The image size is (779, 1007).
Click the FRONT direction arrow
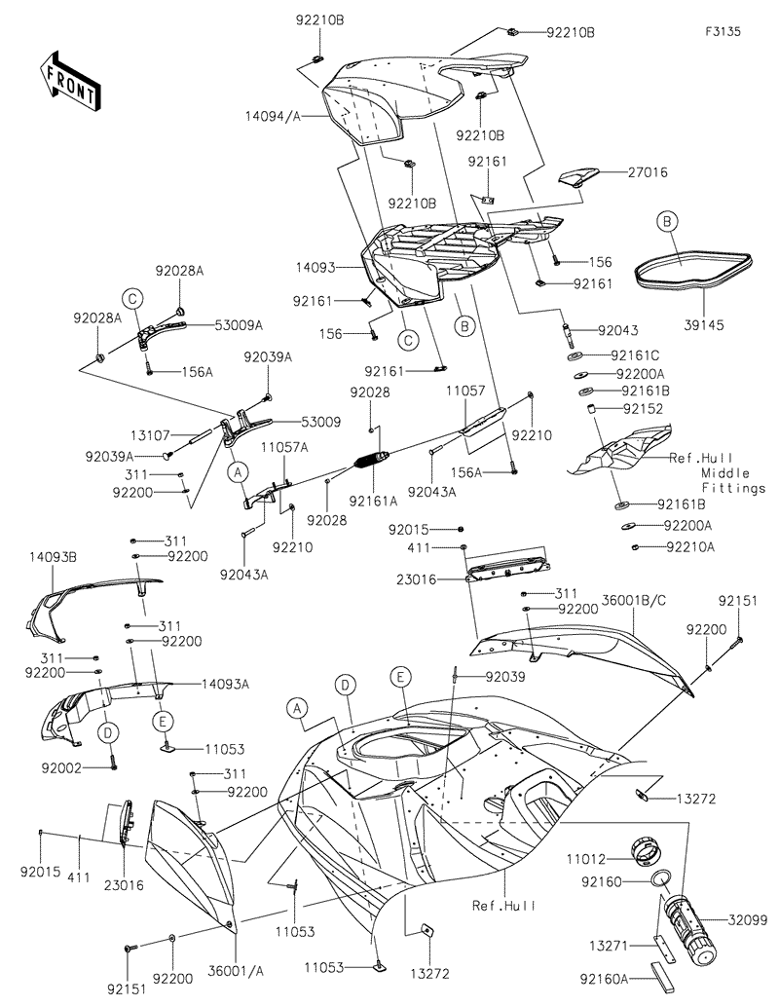click(68, 83)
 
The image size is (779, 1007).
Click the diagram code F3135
click(723, 31)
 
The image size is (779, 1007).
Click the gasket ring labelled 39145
click(693, 265)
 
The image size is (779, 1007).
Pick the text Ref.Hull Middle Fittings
click(718, 472)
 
